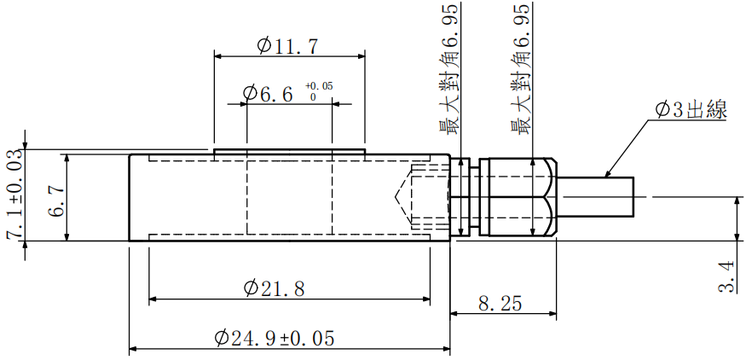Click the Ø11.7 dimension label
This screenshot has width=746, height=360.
tap(288, 45)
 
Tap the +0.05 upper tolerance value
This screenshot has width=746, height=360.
tap(318, 86)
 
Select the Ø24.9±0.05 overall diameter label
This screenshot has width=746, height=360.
tap(274, 339)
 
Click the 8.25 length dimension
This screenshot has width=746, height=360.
tap(502, 304)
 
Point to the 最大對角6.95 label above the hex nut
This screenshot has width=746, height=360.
tap(522, 68)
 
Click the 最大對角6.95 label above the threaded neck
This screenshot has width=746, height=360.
tap(448, 68)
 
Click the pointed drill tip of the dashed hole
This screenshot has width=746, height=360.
tap(398, 198)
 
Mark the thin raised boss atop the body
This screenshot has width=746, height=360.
tap(289, 152)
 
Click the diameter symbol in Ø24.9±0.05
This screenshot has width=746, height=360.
tap(222, 339)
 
